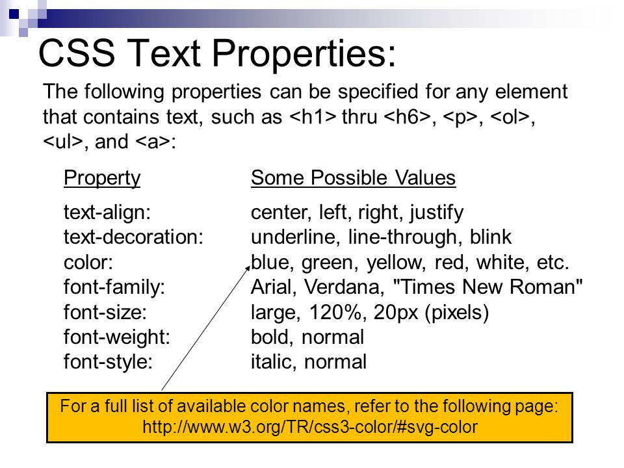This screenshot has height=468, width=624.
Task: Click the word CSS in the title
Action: [77, 53]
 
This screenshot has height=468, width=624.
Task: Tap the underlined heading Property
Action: [102, 178]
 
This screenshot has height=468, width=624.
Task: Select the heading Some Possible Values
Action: [353, 177]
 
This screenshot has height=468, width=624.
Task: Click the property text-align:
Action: [107, 213]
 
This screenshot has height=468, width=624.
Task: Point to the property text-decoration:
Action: [133, 237]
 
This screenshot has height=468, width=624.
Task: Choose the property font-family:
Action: [114, 287]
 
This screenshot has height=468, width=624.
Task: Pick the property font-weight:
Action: [116, 337]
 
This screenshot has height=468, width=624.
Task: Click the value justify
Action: [437, 213]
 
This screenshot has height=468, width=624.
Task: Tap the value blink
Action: [491, 237]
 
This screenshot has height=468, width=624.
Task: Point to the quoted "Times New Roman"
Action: [487, 287]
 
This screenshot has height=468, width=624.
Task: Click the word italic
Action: [273, 362]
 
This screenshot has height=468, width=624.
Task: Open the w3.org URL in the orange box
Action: [310, 427]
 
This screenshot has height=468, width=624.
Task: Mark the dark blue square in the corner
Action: [14, 14]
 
